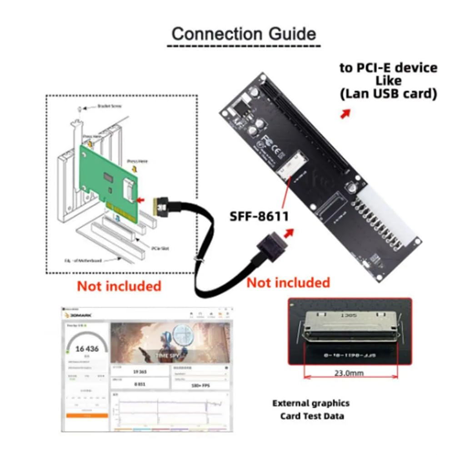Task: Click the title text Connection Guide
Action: (x=244, y=34)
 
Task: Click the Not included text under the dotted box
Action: (x=119, y=286)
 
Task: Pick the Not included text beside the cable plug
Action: (x=288, y=282)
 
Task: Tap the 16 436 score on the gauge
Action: (x=86, y=349)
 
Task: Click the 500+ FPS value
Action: (x=199, y=385)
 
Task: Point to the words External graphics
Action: (x=311, y=403)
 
